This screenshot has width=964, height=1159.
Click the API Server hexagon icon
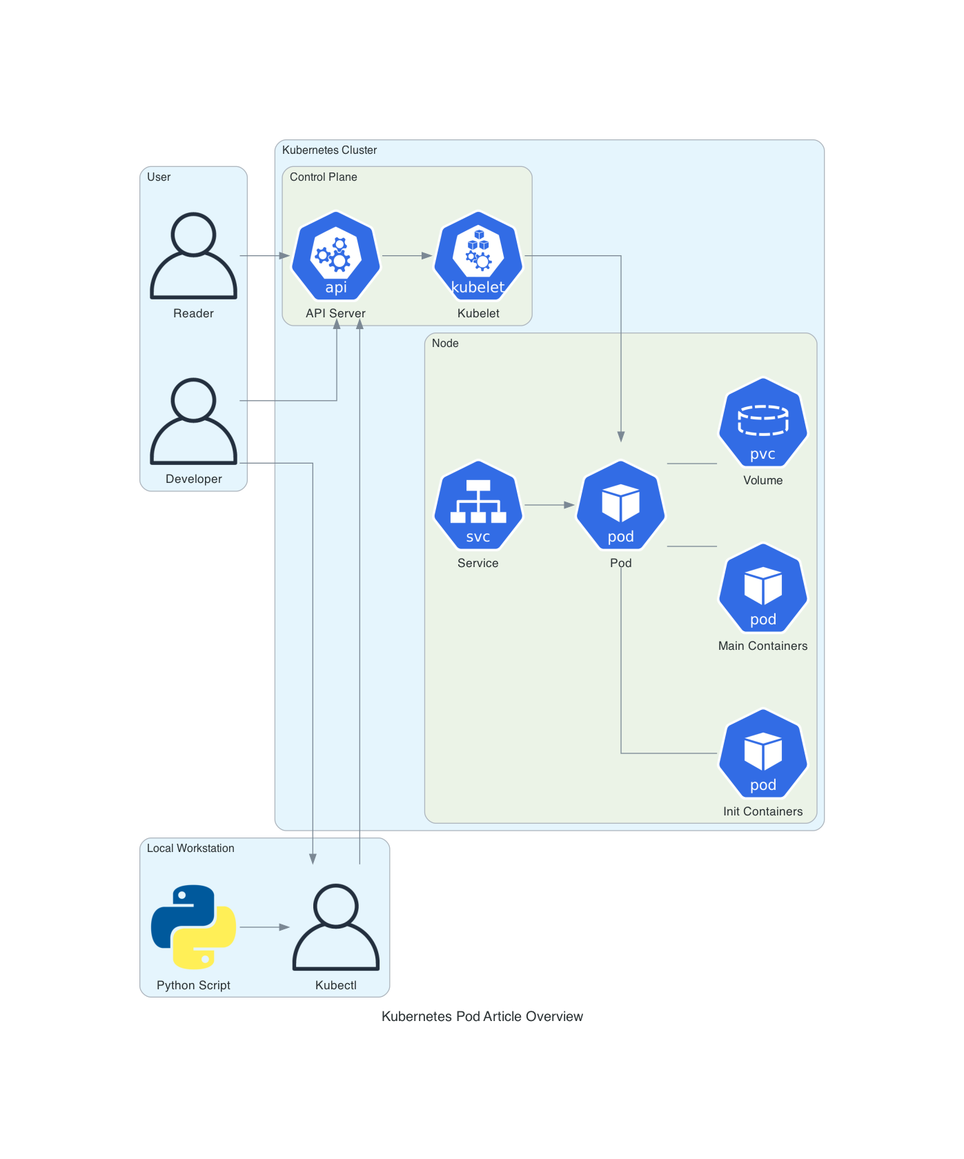tap(336, 256)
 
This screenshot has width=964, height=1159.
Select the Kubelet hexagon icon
tap(478, 256)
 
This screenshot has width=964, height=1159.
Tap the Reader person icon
tap(194, 256)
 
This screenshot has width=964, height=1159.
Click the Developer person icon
tap(194, 422)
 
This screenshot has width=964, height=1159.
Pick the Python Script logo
tap(194, 927)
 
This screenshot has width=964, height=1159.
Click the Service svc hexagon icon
tap(478, 505)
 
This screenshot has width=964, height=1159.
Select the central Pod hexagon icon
tap(620, 505)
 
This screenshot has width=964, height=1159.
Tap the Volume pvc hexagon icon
tap(763, 422)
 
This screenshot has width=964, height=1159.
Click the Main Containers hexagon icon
tap(763, 588)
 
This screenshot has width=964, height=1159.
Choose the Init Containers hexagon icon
tap(763, 753)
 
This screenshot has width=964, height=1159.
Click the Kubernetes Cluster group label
tap(330, 150)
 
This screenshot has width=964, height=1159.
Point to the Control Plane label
tap(324, 177)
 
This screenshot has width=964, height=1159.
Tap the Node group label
tap(445, 344)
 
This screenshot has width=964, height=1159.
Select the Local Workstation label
tap(190, 849)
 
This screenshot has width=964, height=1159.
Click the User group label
tap(159, 177)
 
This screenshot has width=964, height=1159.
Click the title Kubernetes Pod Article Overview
tap(482, 1016)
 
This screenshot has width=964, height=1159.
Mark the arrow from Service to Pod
tap(549, 505)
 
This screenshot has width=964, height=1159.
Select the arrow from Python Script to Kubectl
tap(264, 927)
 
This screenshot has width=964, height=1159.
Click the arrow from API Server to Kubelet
tap(407, 256)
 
